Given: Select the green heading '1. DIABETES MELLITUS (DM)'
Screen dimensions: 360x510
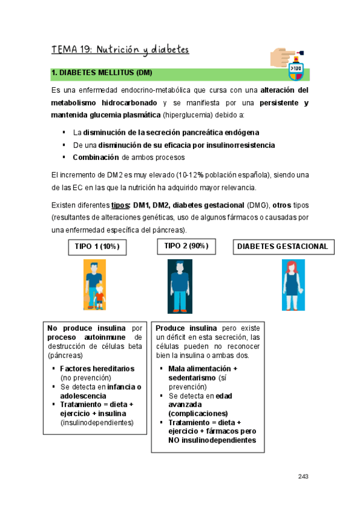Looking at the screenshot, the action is (102, 73).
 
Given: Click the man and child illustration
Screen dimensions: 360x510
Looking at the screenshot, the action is (95, 284).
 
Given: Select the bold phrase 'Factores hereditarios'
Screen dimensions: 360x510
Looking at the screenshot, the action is (97, 369).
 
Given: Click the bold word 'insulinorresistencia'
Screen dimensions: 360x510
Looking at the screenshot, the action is (236, 145).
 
